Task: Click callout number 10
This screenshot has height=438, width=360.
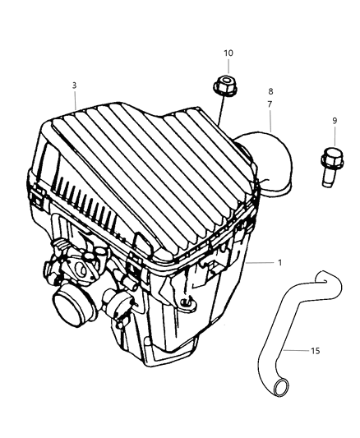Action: [x=228, y=53]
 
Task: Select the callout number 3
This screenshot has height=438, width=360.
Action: [x=74, y=85]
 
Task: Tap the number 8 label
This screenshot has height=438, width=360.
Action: [x=270, y=91]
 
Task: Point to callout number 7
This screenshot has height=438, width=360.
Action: [x=270, y=104]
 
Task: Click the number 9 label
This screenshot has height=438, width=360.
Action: [x=335, y=121]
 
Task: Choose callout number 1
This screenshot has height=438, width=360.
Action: [x=281, y=263]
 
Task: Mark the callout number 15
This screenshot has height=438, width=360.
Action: [x=315, y=350]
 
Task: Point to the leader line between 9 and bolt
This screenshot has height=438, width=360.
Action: [x=335, y=137]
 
